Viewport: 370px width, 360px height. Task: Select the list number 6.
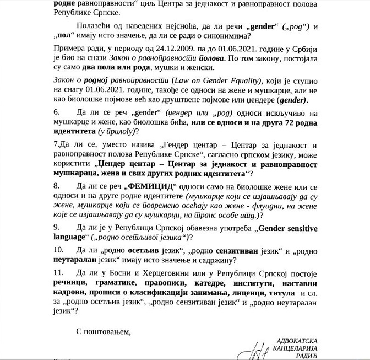coord(57,112)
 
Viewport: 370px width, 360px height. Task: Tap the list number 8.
coord(57,185)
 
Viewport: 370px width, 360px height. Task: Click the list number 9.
coord(57,227)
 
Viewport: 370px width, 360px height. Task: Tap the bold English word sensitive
coord(298,227)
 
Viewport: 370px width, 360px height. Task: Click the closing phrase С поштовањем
coord(102,331)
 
